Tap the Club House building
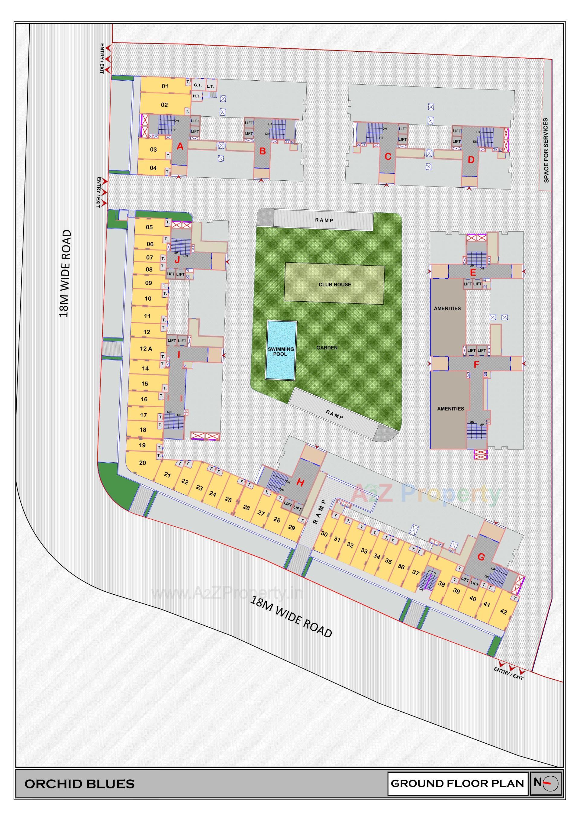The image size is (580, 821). click(334, 285)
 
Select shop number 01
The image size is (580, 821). click(165, 86)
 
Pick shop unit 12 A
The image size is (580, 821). click(146, 349)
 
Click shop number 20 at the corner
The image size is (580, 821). click(142, 463)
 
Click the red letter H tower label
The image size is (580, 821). click(300, 483)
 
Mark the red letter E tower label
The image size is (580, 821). click(473, 273)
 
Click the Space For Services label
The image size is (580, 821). click(546, 150)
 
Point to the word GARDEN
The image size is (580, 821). click(327, 347)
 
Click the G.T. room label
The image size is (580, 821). click(198, 86)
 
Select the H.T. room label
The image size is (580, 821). click(197, 96)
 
